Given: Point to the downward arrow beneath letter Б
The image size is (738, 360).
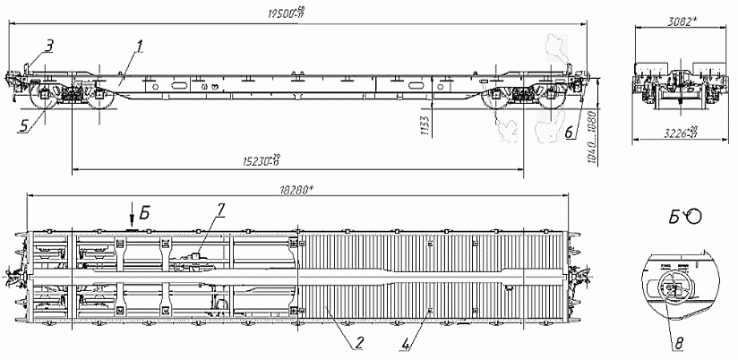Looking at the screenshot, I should click(x=132, y=216).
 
